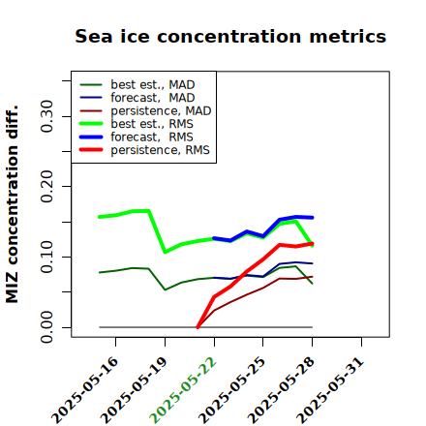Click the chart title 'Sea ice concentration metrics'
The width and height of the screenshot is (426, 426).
(x=230, y=37)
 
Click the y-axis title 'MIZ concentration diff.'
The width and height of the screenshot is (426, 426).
(x=12, y=204)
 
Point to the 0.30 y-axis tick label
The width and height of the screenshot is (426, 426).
(x=47, y=116)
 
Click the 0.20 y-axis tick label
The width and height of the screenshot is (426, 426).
(x=47, y=186)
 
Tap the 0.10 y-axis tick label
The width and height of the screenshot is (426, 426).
(x=47, y=257)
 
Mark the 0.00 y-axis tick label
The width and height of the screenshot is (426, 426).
(x=47, y=327)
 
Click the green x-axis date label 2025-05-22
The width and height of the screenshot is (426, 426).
(x=183, y=390)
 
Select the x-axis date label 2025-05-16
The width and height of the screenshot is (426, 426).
(x=84, y=390)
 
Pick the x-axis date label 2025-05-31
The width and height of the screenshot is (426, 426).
(x=330, y=390)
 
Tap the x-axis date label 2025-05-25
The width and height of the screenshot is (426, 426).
(x=232, y=390)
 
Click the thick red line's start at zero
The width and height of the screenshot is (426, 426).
(x=198, y=327)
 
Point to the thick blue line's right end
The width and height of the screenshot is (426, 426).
(x=312, y=218)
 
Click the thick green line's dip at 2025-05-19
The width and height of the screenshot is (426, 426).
(x=166, y=252)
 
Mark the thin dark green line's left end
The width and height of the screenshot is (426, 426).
(x=100, y=272)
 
